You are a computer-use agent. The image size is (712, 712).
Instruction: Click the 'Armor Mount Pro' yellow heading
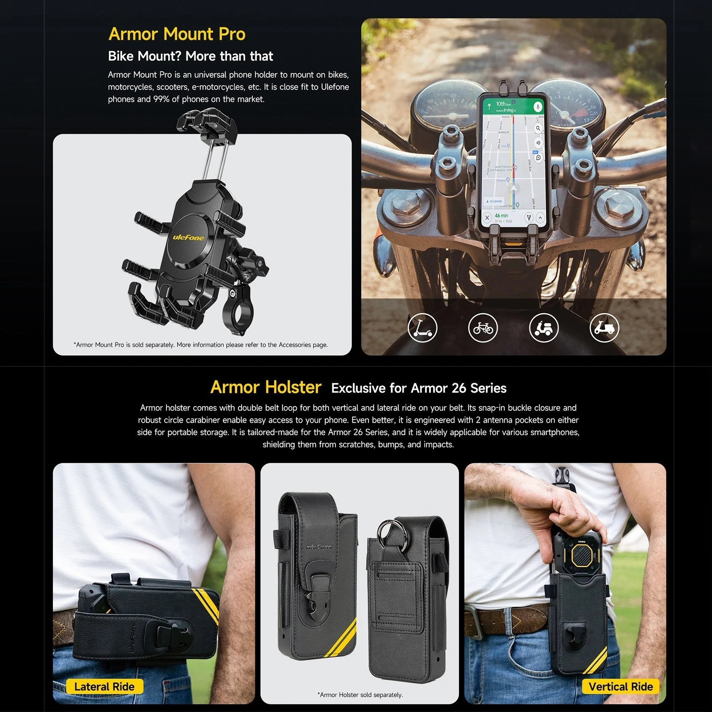click(177, 34)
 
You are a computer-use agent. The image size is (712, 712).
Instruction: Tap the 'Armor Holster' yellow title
click(266, 387)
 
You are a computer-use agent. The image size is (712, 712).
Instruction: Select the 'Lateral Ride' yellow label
click(104, 687)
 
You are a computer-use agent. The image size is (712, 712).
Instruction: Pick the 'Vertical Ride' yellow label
click(620, 687)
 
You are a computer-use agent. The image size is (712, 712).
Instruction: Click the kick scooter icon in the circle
click(422, 328)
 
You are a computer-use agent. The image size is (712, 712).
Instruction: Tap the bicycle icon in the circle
click(483, 328)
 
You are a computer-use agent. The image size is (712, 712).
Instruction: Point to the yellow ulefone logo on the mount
click(188, 238)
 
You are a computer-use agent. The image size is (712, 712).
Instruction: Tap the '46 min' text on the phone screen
click(501, 215)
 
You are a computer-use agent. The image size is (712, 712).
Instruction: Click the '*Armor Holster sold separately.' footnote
click(360, 695)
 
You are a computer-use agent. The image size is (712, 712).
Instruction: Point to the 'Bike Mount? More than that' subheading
click(190, 57)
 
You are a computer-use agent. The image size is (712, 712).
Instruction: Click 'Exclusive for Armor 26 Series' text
click(419, 388)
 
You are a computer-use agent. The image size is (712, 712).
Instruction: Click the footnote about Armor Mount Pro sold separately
click(200, 345)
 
